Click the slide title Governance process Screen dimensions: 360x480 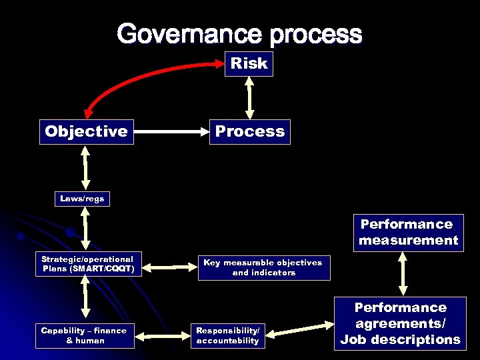click(x=240, y=34)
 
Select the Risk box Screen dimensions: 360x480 click(x=249, y=64)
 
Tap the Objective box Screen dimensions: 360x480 click(x=86, y=131)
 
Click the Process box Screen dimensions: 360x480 click(x=250, y=131)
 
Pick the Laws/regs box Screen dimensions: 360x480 click(x=82, y=199)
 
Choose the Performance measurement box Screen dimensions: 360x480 click(x=408, y=233)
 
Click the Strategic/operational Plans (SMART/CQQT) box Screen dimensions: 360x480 click(x=87, y=264)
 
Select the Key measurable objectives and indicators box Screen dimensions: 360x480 click(x=263, y=267)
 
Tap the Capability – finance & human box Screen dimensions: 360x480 click(x=83, y=335)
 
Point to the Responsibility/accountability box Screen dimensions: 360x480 click(x=227, y=335)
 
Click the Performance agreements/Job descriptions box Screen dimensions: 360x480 click(x=400, y=323)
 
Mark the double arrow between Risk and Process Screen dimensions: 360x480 click(x=249, y=97)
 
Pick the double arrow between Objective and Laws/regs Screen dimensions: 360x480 click(x=85, y=167)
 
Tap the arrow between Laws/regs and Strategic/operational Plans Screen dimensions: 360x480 click(x=85, y=228)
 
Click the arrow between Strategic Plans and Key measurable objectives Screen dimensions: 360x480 click(x=171, y=267)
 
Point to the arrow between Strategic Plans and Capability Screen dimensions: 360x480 click(x=85, y=296)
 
